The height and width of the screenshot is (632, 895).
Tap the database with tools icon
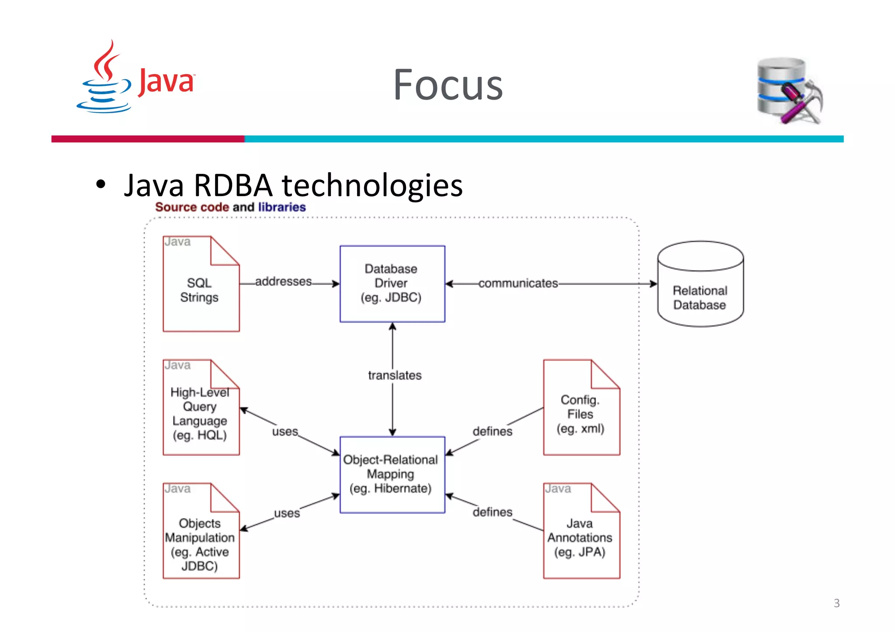pos(789,91)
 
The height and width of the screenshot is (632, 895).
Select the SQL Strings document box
pos(201,284)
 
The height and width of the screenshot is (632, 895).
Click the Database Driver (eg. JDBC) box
pos(392,283)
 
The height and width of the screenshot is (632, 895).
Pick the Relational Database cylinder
pos(700,284)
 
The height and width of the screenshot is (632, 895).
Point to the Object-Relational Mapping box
pos(392,474)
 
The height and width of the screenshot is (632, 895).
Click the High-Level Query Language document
pos(201,408)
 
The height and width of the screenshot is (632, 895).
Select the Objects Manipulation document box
pos(201,531)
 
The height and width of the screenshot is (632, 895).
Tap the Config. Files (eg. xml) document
pos(581,408)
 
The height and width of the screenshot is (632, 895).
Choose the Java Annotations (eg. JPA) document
pos(581,531)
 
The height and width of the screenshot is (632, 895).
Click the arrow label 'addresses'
pos(284,282)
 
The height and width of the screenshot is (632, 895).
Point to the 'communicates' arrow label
pos(518,283)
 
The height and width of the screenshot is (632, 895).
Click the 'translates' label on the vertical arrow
pos(395,375)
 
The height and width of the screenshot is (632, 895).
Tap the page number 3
pos(836,603)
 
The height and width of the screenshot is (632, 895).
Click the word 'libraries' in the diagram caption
pos(282,207)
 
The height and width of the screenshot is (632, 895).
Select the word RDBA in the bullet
pos(233,185)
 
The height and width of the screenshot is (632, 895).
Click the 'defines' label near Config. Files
pos(492,432)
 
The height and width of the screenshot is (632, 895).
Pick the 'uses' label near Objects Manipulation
pos(287,513)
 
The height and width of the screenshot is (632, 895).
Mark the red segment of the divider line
pos(148,139)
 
